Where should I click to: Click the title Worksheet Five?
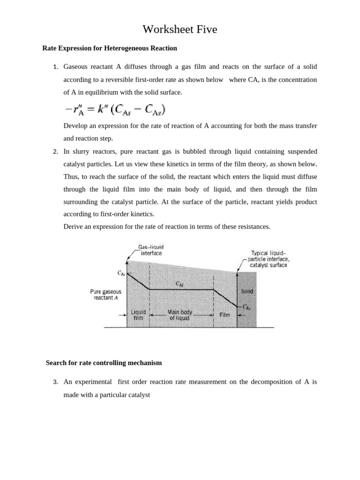180,30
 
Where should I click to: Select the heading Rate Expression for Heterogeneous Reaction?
110,48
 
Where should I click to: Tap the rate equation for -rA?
115,110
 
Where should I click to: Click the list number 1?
55,67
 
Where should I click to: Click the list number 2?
55,152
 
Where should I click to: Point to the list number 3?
55,382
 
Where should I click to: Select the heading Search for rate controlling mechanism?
104,363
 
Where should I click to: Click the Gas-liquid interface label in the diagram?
150,250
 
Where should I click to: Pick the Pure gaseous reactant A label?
105,294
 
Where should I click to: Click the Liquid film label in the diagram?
138,315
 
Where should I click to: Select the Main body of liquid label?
180,315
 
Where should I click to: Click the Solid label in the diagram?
247,291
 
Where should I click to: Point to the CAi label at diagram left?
121,273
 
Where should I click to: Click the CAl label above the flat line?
180,284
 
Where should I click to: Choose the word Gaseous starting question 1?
77,67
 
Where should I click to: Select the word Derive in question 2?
73,227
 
